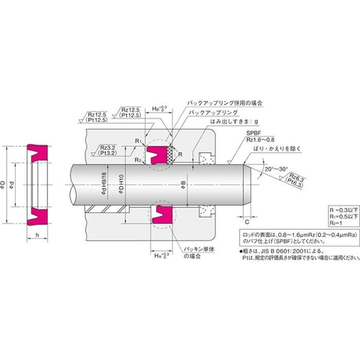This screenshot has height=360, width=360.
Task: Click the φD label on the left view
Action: [x=5, y=182]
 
